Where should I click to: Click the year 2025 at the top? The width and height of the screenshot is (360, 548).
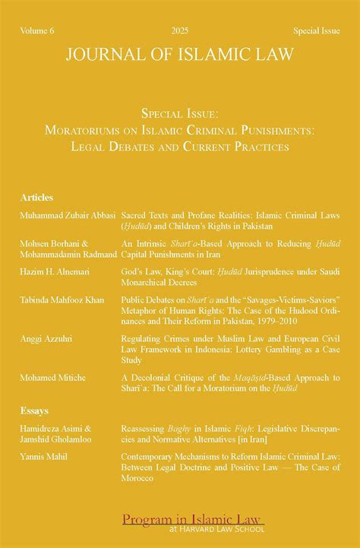pos(180,30)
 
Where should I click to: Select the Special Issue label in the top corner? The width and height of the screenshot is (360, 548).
pos(317,30)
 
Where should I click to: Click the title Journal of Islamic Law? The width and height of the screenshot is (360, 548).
pos(180,55)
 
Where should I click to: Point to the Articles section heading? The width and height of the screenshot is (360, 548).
pos(37,198)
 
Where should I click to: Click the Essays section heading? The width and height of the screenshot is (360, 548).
pos(35,410)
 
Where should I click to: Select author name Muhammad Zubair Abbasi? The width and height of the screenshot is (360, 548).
pos(68,216)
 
